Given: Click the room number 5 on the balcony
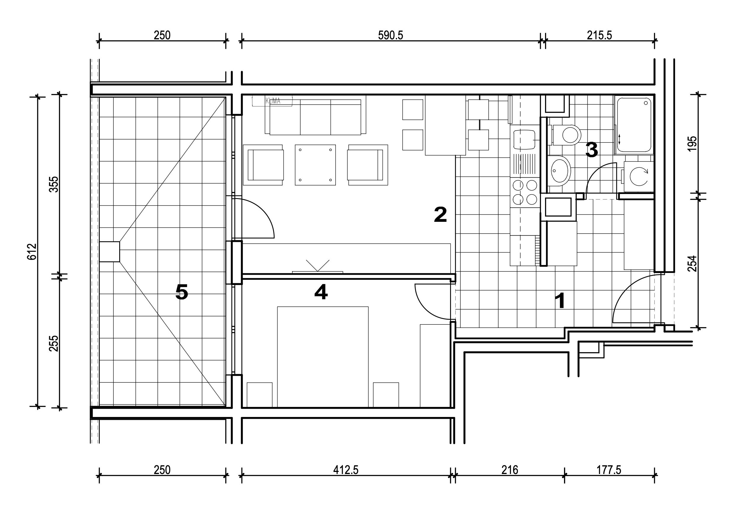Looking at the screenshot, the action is pyautogui.click(x=182, y=292).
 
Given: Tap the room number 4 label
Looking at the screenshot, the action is pyautogui.click(x=321, y=292).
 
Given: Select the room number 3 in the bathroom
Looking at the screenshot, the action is pyautogui.click(x=591, y=150).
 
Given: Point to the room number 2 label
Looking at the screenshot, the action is pyautogui.click(x=440, y=215).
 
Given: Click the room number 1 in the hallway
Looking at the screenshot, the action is pyautogui.click(x=560, y=301).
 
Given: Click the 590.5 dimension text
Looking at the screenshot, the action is pyautogui.click(x=391, y=35).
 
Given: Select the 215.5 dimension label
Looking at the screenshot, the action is pyautogui.click(x=599, y=35).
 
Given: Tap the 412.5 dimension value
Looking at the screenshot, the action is pyautogui.click(x=346, y=470).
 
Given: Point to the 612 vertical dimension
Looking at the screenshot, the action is pyautogui.click(x=32, y=252).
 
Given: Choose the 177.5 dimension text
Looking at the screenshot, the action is pyautogui.click(x=609, y=470).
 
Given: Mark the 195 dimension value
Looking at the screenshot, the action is pyautogui.click(x=692, y=144).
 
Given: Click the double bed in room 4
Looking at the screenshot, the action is pyautogui.click(x=323, y=357).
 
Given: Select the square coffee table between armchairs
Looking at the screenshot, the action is pyautogui.click(x=315, y=165).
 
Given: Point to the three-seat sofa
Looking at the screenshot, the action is pyautogui.click(x=315, y=117).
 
